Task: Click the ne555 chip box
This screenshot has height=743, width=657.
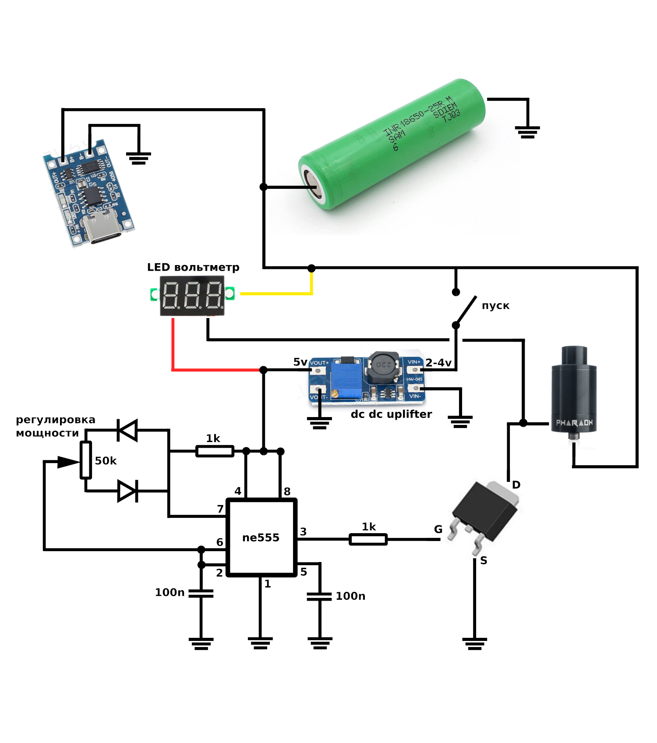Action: tap(261, 538)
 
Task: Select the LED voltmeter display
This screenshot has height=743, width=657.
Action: tap(192, 296)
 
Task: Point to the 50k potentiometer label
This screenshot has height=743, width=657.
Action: tap(106, 461)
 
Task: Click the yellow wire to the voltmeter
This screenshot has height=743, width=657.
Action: tap(276, 294)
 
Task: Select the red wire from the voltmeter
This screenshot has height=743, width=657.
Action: tap(215, 370)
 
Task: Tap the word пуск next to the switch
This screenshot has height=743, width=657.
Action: tap(495, 306)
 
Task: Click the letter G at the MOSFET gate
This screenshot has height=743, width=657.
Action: tap(438, 529)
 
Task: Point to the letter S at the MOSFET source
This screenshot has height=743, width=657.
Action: tap(484, 560)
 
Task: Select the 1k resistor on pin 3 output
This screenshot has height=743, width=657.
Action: tap(368, 539)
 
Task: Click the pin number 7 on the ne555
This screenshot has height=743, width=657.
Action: tap(220, 509)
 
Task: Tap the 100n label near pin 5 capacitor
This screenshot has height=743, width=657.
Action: tap(350, 596)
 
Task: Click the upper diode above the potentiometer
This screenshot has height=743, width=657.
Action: tap(127, 430)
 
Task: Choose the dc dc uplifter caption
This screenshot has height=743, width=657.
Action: tap(391, 414)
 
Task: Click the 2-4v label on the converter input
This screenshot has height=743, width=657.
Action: tap(438, 363)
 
